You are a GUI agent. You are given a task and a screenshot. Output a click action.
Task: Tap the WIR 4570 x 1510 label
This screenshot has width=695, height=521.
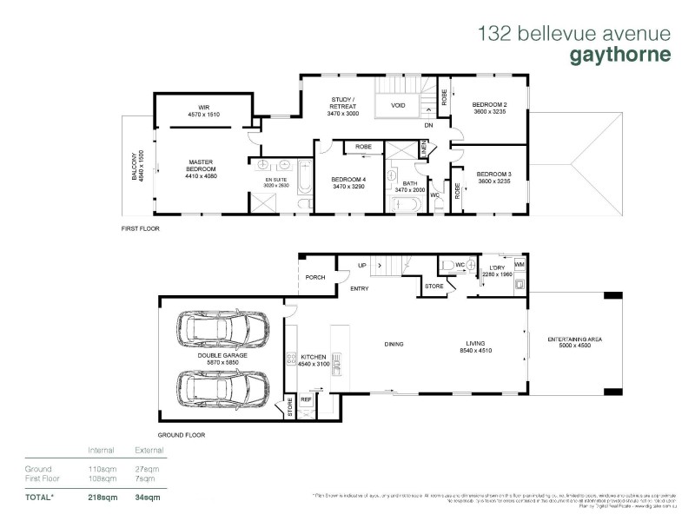203,110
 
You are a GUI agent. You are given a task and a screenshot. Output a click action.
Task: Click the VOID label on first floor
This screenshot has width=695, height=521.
398,106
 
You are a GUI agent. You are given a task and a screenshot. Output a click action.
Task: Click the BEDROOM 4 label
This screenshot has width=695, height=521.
348,181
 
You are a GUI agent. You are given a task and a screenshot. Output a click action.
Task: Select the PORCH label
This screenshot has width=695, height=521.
314,279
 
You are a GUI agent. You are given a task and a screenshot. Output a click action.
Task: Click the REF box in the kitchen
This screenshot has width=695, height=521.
306,399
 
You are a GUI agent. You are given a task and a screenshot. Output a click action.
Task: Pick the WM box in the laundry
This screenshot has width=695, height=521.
520,262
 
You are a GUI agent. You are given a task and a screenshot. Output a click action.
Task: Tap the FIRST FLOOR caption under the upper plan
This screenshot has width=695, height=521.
140,228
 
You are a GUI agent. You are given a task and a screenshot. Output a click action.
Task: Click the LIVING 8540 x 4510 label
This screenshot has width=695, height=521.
475,348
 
